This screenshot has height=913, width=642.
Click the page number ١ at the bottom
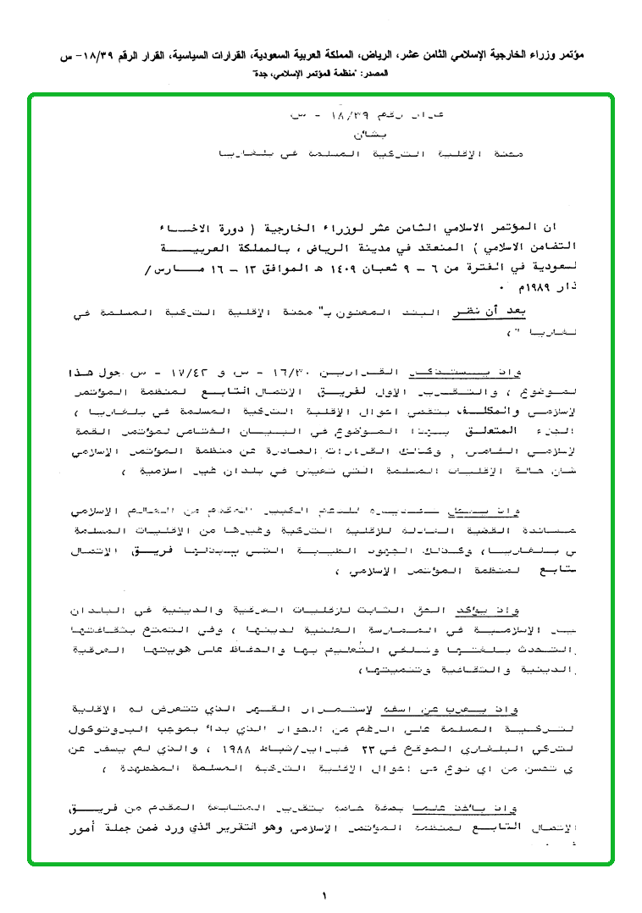coord(324,894)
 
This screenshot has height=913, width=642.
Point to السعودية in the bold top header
coord(255,56)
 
